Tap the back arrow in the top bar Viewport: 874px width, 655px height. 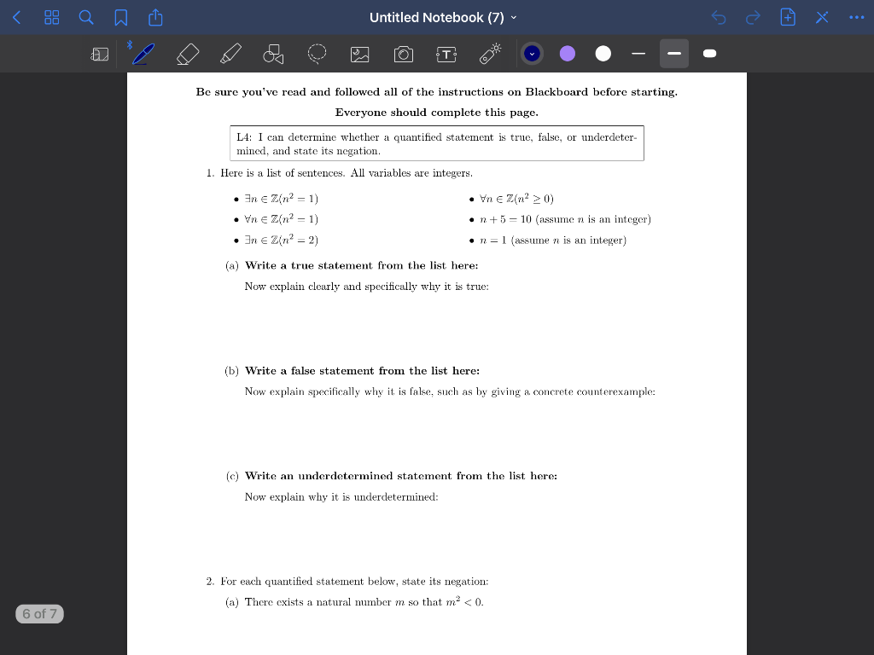pos(16,17)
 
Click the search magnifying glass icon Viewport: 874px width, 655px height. pos(86,17)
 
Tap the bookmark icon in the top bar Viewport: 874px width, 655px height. pos(121,17)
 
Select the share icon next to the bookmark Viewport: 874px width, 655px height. pos(155,17)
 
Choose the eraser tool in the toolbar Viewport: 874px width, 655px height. pos(188,55)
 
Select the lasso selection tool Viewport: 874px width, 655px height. pos(317,55)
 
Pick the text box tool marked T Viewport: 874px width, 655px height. pos(446,55)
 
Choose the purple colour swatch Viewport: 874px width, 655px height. pos(568,54)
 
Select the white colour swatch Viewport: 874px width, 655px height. pos(603,54)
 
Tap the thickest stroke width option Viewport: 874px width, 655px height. pos(709,54)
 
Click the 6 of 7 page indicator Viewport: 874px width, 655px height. pos(39,613)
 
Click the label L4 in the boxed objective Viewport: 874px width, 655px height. pos(243,137)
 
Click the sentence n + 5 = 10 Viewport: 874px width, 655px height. pos(506,220)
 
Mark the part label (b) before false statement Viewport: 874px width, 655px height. pos(231,371)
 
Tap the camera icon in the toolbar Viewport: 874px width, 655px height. pos(404,55)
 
